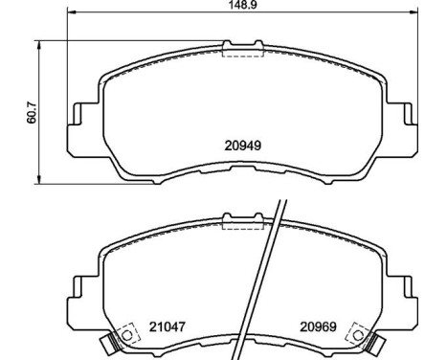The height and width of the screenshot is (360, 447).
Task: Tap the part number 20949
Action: click(x=243, y=147)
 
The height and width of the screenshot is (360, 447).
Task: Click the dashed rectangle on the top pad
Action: click(x=242, y=52)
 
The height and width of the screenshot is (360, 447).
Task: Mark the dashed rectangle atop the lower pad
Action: click(x=242, y=223)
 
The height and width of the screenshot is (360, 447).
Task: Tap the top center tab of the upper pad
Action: click(x=242, y=43)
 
